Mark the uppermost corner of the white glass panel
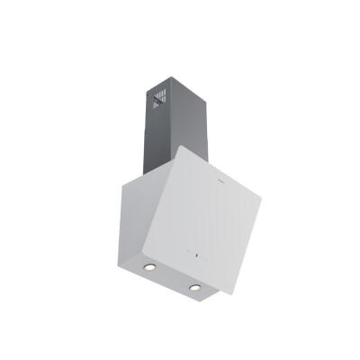[x=183, y=146]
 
